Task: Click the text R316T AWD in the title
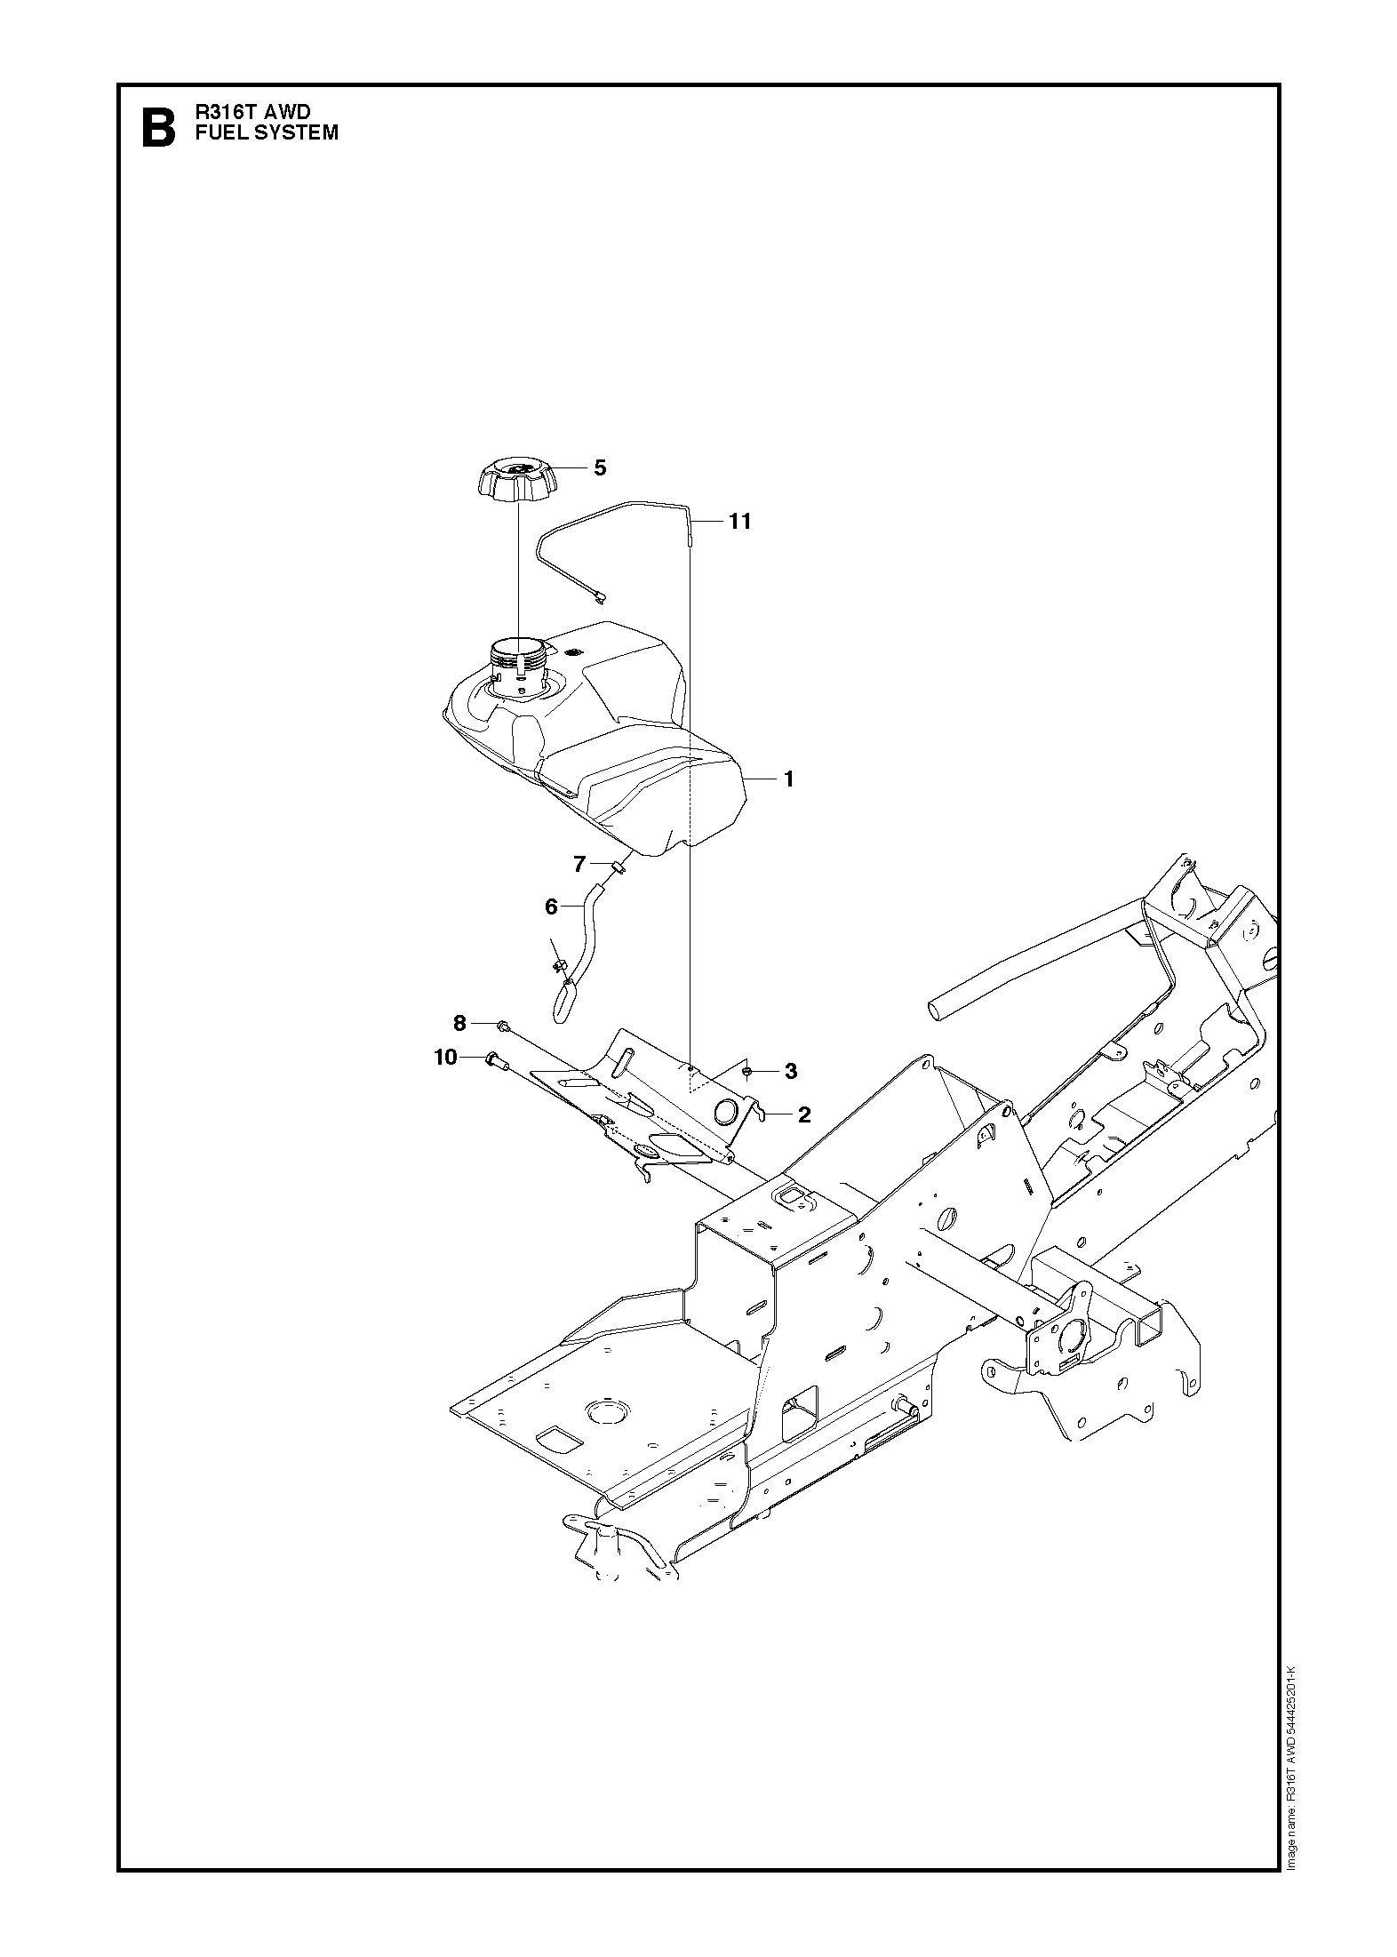(254, 113)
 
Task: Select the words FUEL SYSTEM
(267, 133)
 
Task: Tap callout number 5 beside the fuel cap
(600, 467)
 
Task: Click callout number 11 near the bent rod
(739, 522)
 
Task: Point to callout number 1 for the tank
(788, 779)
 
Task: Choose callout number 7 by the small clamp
(579, 863)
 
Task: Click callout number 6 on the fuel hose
(551, 907)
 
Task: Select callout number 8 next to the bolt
(459, 1024)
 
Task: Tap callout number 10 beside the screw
(445, 1057)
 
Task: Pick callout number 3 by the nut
(791, 1072)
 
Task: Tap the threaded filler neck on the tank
(517, 661)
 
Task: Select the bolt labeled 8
(503, 1026)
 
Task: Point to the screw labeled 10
(493, 1058)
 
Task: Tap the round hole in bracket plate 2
(727, 1111)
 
